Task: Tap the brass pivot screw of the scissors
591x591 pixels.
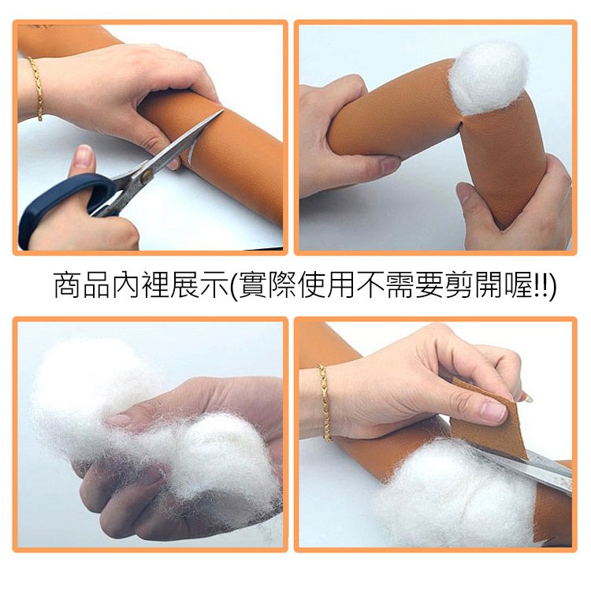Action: pyautogui.click(x=147, y=175)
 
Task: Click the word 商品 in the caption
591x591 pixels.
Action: pyautogui.click(x=81, y=285)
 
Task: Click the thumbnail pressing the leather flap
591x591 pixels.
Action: pyautogui.click(x=494, y=411)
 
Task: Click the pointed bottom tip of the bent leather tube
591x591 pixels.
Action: pyautogui.click(x=504, y=227)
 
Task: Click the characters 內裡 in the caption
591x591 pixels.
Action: pyautogui.click(x=140, y=285)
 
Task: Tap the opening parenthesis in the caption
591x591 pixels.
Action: pyautogui.click(x=234, y=286)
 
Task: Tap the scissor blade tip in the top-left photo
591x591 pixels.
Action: pyautogui.click(x=222, y=110)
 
